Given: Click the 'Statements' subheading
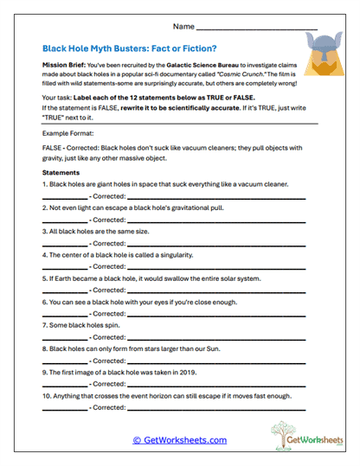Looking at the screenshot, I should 61,173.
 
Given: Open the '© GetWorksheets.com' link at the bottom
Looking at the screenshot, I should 180,440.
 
